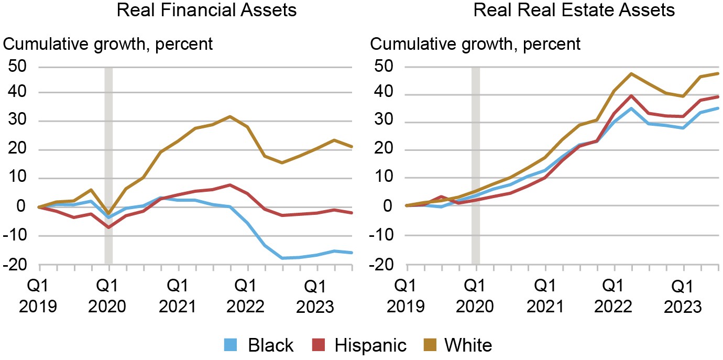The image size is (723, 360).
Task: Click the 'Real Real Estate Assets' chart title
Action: click(567, 10)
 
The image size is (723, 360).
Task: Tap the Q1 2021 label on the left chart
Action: click(178, 296)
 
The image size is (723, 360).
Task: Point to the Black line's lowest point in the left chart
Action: click(282, 258)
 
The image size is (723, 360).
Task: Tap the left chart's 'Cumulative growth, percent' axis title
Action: click(108, 43)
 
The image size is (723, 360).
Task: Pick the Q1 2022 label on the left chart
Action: click(247, 296)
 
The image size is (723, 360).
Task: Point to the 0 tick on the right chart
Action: click(388, 205)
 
